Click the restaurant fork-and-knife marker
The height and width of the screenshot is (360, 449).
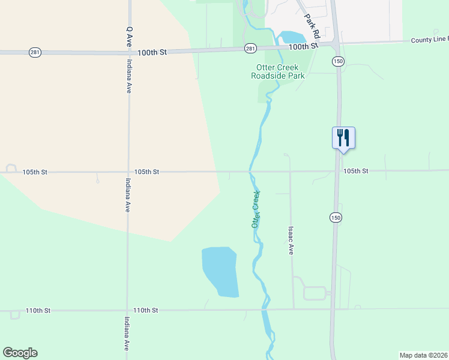click(x=343, y=137)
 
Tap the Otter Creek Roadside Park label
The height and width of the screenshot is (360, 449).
click(x=278, y=72)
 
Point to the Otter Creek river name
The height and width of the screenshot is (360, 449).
click(x=256, y=208)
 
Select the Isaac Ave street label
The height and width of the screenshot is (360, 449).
click(x=291, y=240)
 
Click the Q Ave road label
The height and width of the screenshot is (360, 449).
click(x=128, y=37)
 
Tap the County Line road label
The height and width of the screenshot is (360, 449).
click(x=429, y=40)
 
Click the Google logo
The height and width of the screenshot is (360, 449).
click(x=20, y=353)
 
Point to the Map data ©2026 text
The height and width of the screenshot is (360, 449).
click(x=423, y=355)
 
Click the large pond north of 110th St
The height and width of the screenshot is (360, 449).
click(x=220, y=271)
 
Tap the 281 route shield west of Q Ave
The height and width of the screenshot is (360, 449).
click(x=35, y=52)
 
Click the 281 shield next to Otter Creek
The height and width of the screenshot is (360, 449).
click(x=250, y=48)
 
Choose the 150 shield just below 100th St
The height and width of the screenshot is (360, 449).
click(x=338, y=62)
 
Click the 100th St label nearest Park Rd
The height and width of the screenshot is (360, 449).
click(x=302, y=46)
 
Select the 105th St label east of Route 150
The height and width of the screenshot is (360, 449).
click(x=355, y=171)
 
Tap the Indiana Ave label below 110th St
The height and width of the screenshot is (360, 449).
click(x=127, y=334)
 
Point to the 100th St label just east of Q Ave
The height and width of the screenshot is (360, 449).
click(x=151, y=52)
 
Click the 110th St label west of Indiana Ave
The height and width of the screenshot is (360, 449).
click(x=38, y=311)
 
